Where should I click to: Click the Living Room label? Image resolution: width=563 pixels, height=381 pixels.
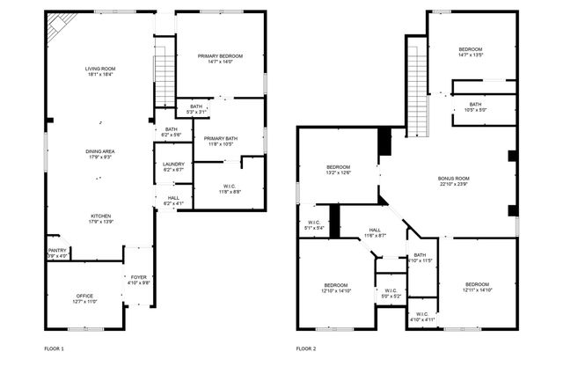[100, 71]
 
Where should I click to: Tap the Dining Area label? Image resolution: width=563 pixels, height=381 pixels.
[100, 155]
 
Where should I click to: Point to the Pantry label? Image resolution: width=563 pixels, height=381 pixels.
[56, 253]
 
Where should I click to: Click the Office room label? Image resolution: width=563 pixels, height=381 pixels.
[84, 298]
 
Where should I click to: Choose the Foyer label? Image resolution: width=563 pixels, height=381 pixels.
[139, 280]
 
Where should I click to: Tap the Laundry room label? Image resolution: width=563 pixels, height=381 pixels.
[173, 166]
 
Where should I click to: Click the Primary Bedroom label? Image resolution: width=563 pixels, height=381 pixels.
[219, 58]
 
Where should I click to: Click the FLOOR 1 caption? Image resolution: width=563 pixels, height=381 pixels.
[55, 349]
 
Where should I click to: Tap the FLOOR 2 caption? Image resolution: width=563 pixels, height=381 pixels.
[306, 349]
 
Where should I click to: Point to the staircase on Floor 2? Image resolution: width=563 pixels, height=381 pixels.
[416, 88]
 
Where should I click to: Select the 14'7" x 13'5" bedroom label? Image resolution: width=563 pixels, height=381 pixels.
[471, 51]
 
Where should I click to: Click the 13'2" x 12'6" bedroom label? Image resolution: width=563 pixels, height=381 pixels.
[339, 170]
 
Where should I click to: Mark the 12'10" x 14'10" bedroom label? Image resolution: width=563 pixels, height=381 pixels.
[335, 288]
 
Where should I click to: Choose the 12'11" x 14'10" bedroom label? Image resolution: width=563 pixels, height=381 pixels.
[477, 287]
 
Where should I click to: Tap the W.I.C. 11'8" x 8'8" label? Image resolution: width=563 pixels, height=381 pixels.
[228, 188]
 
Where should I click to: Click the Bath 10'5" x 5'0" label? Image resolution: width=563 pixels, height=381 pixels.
[475, 106]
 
